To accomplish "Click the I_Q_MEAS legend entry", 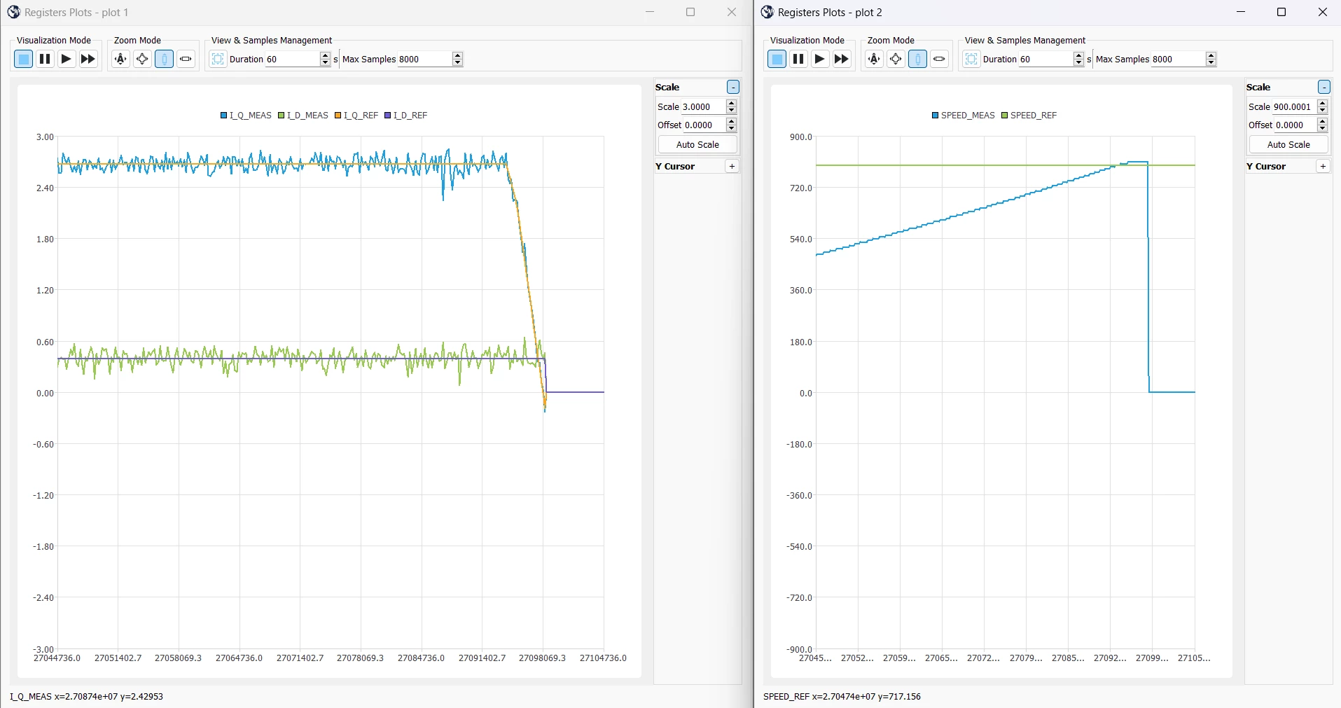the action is (x=246, y=116).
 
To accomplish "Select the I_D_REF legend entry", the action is (x=406, y=116).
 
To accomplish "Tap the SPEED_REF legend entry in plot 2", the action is (x=1029, y=116).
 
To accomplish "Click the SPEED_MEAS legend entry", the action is (x=964, y=116).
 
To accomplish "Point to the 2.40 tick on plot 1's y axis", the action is (x=45, y=188).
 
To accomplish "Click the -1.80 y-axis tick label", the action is (x=43, y=546).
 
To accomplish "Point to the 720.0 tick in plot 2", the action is (x=801, y=188).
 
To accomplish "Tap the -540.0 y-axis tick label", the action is (x=800, y=546).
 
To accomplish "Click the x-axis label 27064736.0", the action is (x=239, y=658).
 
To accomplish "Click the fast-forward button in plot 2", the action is (x=842, y=59).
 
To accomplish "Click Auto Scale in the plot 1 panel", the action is (x=697, y=144).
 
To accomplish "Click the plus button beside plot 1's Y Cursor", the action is (x=732, y=166).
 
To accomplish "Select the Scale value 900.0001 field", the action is (x=1292, y=106).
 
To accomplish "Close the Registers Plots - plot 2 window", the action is (x=1322, y=12).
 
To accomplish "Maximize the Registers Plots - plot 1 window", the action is (x=690, y=12).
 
